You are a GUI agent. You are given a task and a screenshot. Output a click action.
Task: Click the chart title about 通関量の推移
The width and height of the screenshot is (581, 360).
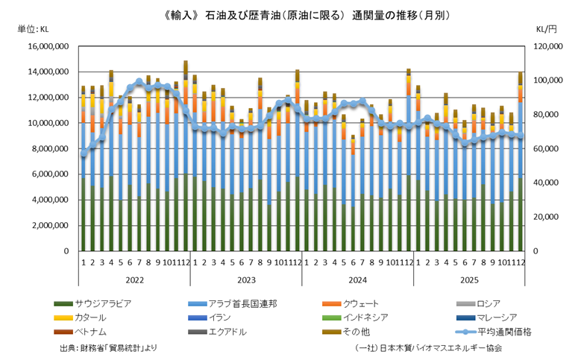tap(289, 14)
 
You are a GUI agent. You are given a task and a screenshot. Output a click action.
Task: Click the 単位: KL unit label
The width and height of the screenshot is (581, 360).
tap(32, 30)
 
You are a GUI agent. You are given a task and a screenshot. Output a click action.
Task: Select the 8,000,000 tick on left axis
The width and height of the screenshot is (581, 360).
tap(51, 149)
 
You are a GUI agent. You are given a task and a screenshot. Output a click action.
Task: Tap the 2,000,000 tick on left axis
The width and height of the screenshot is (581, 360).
tap(51, 226)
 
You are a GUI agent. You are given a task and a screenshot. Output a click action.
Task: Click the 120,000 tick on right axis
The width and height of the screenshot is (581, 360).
tap(547, 46)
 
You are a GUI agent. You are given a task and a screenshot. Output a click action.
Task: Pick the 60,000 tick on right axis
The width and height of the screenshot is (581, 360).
tap(544, 149)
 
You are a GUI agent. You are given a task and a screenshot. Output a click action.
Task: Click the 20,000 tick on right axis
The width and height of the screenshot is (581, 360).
tap(544, 218)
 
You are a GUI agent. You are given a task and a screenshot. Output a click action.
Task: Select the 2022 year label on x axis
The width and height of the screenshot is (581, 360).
tap(134, 280)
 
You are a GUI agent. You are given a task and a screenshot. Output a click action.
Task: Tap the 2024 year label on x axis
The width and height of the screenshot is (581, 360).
tap(358, 280)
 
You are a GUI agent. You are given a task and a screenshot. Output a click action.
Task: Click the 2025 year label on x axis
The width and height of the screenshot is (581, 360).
tap(470, 280)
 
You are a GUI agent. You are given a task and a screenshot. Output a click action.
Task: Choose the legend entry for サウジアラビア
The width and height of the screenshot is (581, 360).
tap(103, 303)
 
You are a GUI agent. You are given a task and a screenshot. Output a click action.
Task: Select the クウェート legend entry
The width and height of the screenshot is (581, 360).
tap(362, 303)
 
